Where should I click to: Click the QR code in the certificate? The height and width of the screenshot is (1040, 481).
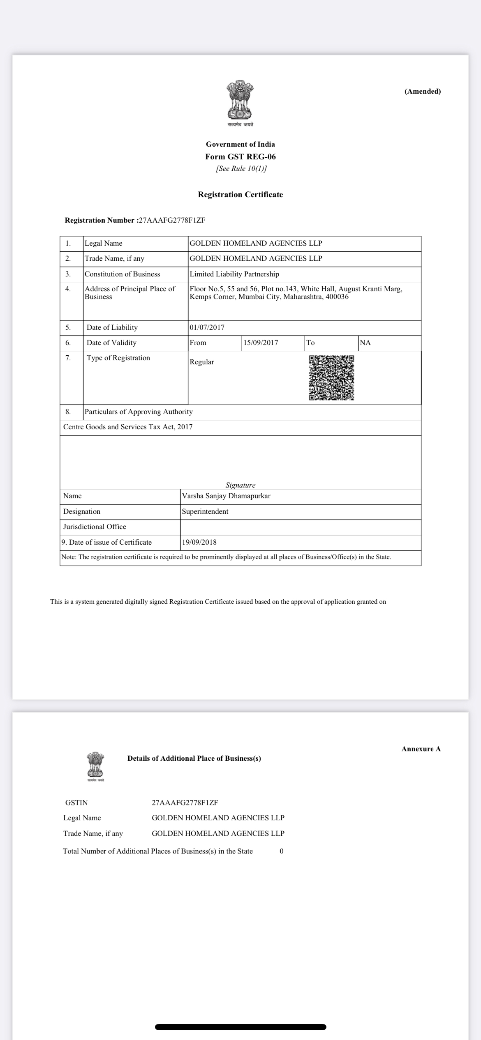tap(331, 377)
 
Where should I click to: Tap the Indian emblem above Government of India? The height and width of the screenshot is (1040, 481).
tap(240, 101)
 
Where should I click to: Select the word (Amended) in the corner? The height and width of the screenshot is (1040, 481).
tap(422, 91)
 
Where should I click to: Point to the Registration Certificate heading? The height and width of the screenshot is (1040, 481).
tap(240, 195)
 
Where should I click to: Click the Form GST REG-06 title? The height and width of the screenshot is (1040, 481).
tap(240, 156)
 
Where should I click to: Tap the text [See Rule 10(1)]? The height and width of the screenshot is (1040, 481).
tap(241, 168)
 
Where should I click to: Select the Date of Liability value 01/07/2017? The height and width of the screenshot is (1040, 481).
tap(207, 327)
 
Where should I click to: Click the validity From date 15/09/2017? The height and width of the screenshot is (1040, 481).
tap(261, 343)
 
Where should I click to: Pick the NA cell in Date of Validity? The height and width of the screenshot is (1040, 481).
tap(365, 343)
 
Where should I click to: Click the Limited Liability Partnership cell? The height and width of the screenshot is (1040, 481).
tap(234, 274)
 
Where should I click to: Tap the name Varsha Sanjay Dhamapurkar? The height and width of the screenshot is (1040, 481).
tap(226, 496)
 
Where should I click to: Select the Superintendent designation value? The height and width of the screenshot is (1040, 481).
tap(205, 511)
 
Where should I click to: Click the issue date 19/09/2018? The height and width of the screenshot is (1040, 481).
tap(199, 542)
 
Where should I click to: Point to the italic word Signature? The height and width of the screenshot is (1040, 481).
tap(240, 485)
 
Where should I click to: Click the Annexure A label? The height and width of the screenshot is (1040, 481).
tap(421, 749)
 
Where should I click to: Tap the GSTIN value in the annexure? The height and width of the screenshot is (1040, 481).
tap(185, 803)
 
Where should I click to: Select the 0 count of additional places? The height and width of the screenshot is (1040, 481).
tap(282, 851)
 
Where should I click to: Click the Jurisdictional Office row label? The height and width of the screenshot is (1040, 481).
tap(95, 527)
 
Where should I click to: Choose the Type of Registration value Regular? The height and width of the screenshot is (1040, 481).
tap(202, 362)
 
